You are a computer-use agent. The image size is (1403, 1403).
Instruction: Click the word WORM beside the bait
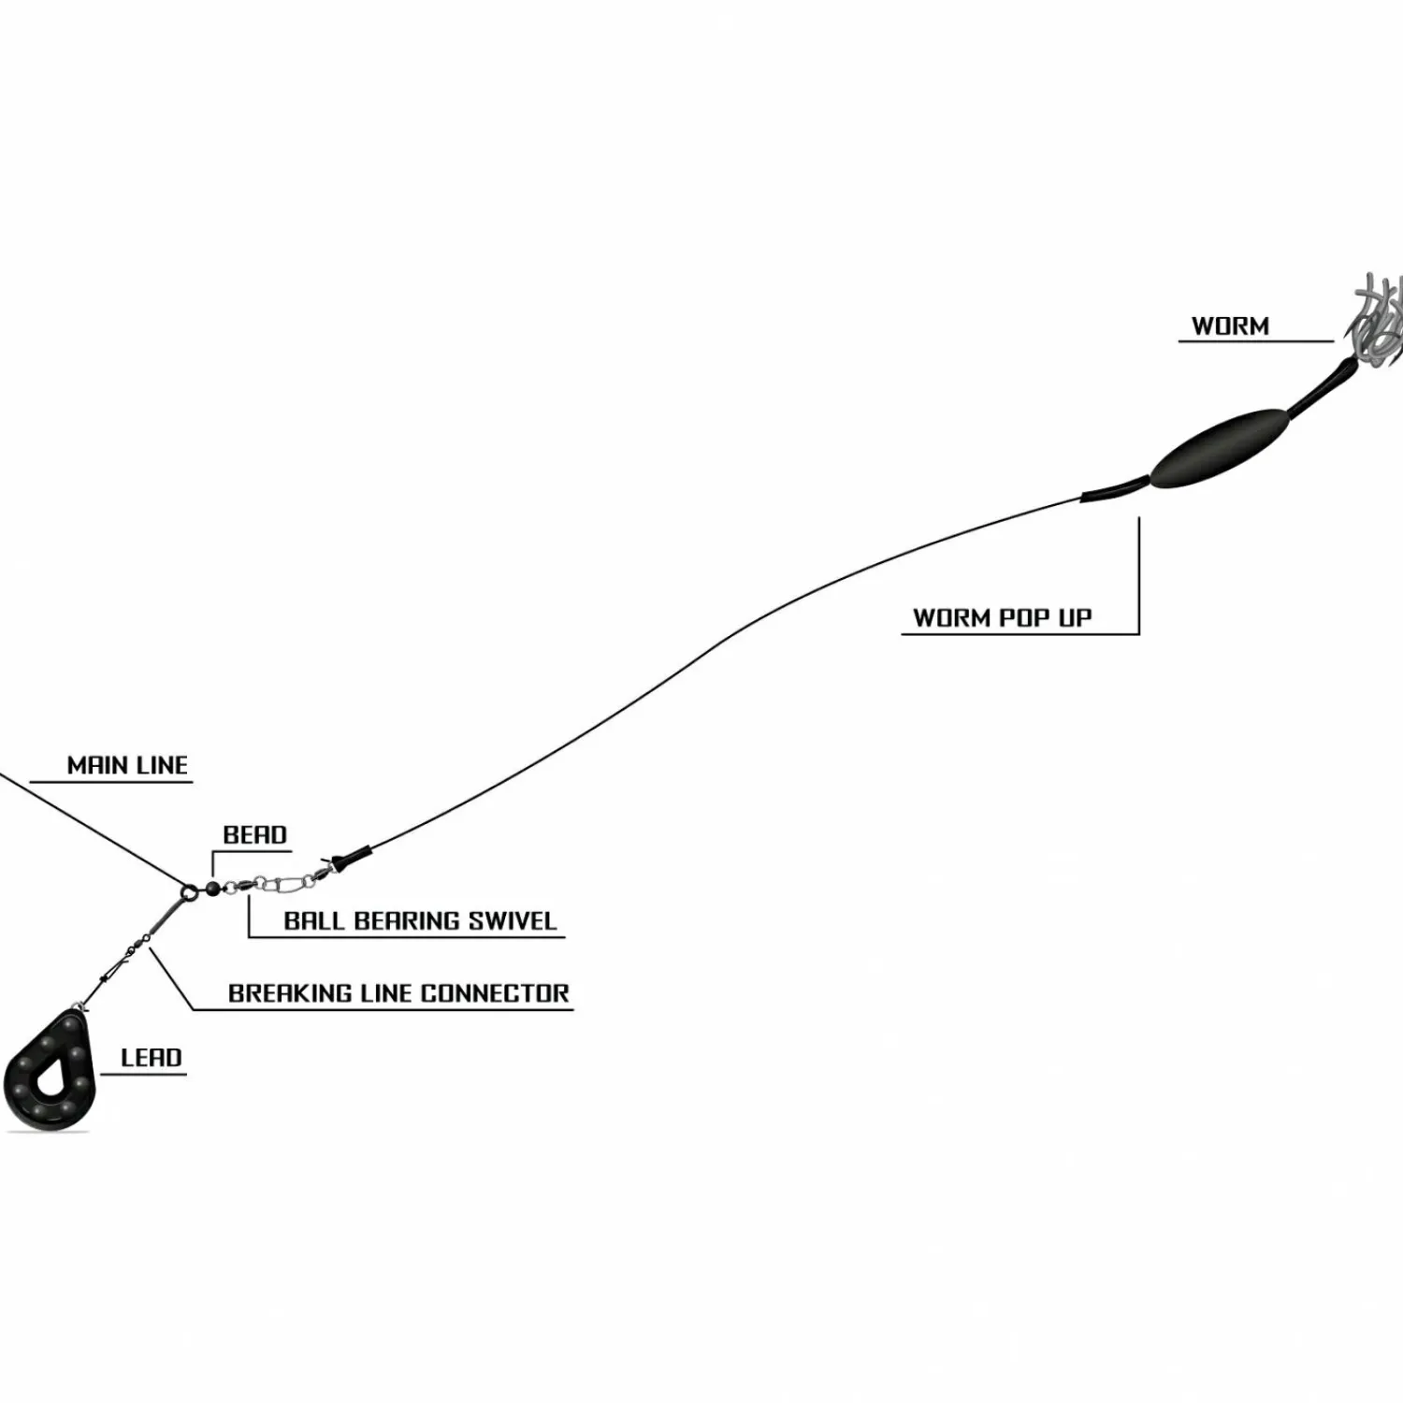(x=1230, y=326)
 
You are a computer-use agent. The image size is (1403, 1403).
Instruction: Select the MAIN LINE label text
(x=127, y=765)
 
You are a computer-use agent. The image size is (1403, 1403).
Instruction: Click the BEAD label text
(x=254, y=834)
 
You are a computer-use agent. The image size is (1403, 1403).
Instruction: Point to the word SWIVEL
(x=513, y=920)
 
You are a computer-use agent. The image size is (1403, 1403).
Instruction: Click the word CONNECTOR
(x=495, y=993)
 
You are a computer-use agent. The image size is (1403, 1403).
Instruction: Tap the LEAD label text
(x=152, y=1058)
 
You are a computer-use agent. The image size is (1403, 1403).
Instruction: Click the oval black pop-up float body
(x=1220, y=448)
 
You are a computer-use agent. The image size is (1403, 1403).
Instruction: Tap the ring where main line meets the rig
(x=190, y=891)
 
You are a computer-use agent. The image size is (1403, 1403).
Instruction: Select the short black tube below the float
(x=1115, y=489)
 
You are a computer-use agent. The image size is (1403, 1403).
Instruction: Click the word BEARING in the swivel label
(x=407, y=920)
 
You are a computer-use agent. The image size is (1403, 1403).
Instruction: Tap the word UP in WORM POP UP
(x=1075, y=618)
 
